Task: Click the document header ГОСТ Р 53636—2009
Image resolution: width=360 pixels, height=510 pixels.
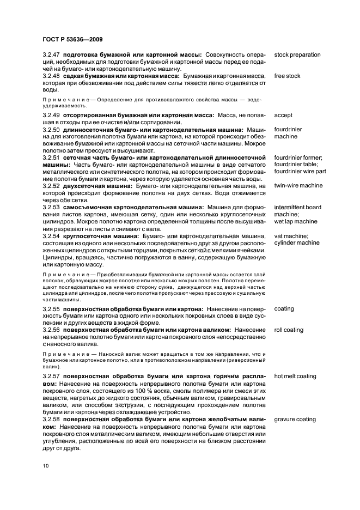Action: [72, 39]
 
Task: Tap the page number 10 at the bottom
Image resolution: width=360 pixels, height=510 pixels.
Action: [46, 466]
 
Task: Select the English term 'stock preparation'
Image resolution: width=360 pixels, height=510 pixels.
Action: [297, 55]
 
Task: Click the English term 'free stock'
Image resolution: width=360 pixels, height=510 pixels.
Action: [287, 76]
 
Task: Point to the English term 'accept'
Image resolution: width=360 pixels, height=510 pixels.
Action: [283, 115]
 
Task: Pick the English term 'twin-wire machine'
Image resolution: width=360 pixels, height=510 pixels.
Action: [298, 186]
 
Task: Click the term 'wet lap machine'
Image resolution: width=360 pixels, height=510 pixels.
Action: [295, 222]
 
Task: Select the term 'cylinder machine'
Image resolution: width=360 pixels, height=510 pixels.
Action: [296, 243]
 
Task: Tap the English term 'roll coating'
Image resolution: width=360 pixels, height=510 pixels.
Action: [289, 330]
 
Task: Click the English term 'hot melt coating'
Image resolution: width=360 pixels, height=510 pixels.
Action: [295, 377]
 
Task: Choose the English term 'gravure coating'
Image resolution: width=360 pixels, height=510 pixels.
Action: [295, 420]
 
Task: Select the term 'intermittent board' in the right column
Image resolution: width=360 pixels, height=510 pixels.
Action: [297, 208]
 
